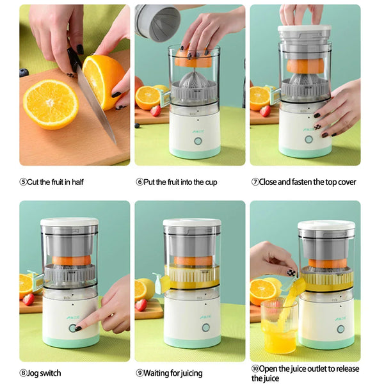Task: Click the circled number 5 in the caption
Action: [23, 182]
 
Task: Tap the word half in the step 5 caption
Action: [77, 182]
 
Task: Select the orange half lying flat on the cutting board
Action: [51, 104]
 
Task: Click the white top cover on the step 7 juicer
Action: [305, 29]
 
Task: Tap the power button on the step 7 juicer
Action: [308, 139]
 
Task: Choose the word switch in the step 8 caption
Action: [50, 373]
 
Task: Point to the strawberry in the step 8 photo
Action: [28, 299]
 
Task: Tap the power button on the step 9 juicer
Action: [205, 327]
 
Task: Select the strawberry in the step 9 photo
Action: [141, 305]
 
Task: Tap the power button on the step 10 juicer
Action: [340, 329]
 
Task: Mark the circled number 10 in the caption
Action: [254, 369]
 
